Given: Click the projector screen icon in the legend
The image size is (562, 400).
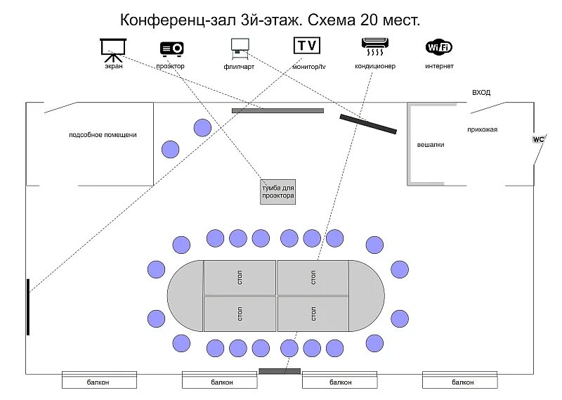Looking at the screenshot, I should pos(113,48).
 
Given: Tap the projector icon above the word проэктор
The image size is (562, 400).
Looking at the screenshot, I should pos(171,48).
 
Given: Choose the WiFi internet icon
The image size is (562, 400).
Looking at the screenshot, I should pos(439,47).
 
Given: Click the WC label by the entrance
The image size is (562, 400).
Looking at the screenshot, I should pos(538,139).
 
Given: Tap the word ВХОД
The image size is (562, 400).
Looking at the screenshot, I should pos(481,92).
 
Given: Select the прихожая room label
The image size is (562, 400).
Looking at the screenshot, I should pos(482,129).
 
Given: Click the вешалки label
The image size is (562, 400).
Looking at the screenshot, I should pos(431,145).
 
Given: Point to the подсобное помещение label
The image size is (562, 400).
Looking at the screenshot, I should pos(103,134).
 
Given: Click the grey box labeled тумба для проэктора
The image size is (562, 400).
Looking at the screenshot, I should pos(277,192).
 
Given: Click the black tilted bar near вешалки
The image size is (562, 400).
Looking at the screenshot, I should pos(368,124).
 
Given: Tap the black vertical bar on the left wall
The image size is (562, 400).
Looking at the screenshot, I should pos(28,307).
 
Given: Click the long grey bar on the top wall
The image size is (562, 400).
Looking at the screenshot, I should pos(277,110).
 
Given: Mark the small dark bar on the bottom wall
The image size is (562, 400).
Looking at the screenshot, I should pos(280,371).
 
